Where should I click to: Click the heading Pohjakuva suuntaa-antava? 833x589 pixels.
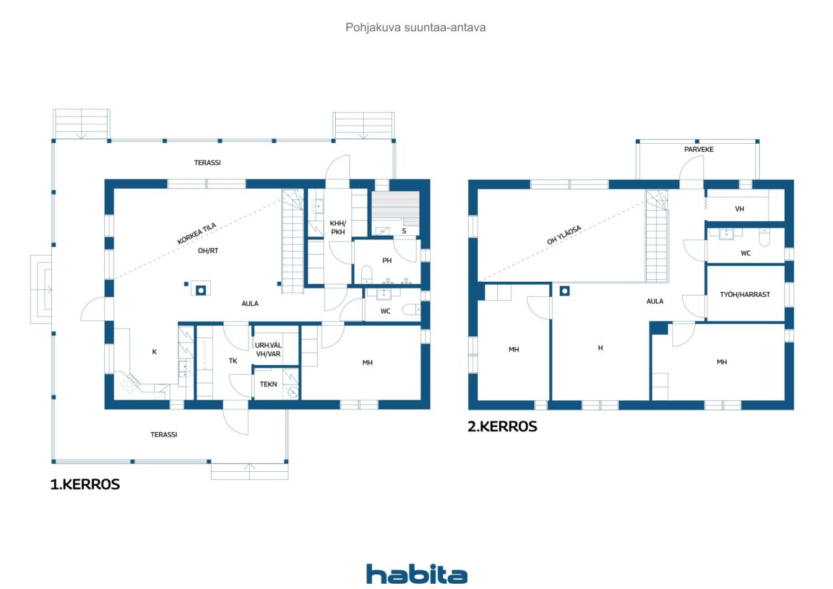point(415,27)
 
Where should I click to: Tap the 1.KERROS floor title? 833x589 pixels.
point(85,484)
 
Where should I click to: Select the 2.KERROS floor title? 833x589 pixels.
point(502,426)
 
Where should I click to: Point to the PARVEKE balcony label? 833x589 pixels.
point(699,149)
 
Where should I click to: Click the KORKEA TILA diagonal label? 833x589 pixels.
point(197,233)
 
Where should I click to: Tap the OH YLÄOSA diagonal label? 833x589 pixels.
point(564,235)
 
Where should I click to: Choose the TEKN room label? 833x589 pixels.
point(268,384)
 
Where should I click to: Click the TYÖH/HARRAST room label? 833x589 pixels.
point(745,294)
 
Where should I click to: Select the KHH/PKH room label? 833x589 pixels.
point(338,227)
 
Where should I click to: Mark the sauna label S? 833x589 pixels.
point(404,231)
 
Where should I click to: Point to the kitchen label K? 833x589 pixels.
point(154,351)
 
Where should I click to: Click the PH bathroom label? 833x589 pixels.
point(387,260)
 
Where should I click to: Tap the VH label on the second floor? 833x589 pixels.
point(740,209)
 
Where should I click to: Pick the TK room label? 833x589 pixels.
point(233,361)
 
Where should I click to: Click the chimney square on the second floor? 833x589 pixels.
point(564,290)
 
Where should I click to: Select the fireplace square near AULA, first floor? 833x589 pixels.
point(201,290)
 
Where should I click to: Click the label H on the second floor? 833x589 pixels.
point(600,348)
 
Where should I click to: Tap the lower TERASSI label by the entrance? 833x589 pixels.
point(163,434)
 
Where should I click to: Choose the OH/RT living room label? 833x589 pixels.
point(208,251)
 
